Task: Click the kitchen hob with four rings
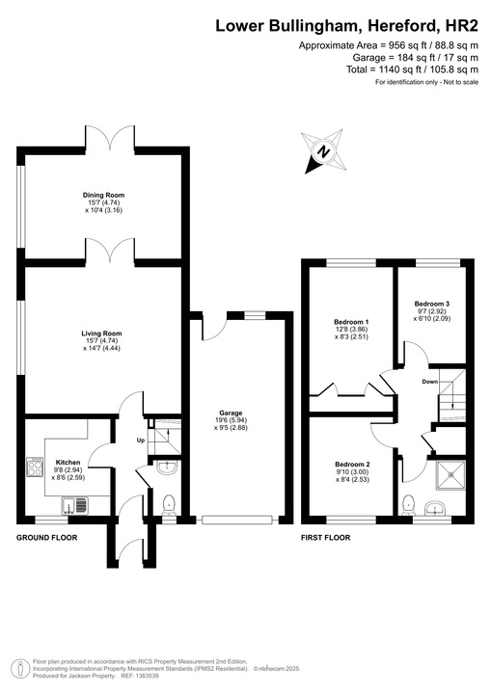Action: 37,467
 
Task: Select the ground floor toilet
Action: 170,502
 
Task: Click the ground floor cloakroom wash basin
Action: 169,468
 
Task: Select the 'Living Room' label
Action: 101,334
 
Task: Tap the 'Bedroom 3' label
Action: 432,304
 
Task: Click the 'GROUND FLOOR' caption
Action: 46,537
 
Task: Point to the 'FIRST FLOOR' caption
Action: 325,537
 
